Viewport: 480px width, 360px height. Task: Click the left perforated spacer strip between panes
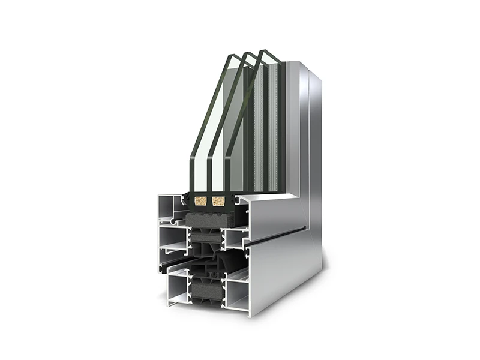coord(259,132)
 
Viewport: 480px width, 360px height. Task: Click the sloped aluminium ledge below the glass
coord(273,207)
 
